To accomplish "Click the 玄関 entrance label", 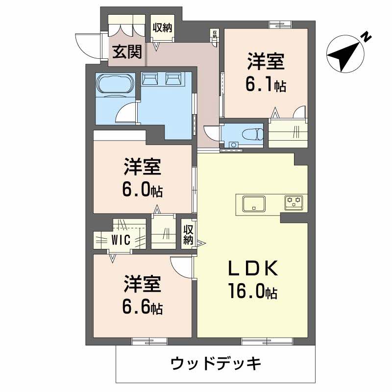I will pyautogui.click(x=127, y=51).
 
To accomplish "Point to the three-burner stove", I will pyautogui.click(x=294, y=201).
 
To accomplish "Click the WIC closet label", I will pyautogui.click(x=120, y=240).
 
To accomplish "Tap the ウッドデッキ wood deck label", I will pyautogui.click(x=215, y=364).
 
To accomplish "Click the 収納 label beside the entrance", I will pyautogui.click(x=162, y=28).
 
